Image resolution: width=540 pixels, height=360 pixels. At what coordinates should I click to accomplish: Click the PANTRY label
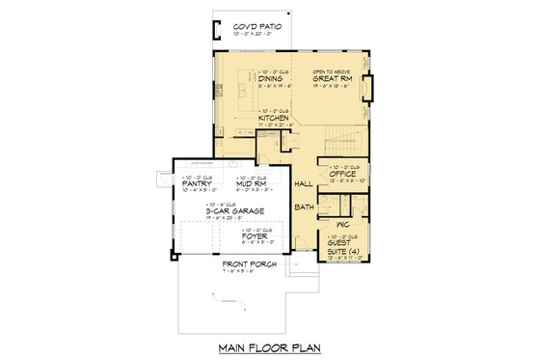click(197, 183)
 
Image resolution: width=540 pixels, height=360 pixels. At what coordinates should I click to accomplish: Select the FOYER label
click(255, 235)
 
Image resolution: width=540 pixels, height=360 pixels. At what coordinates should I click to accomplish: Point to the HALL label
click(303, 182)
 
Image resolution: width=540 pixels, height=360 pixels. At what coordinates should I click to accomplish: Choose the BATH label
click(304, 207)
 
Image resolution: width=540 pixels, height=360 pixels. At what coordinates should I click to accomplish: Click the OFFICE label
click(344, 174)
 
